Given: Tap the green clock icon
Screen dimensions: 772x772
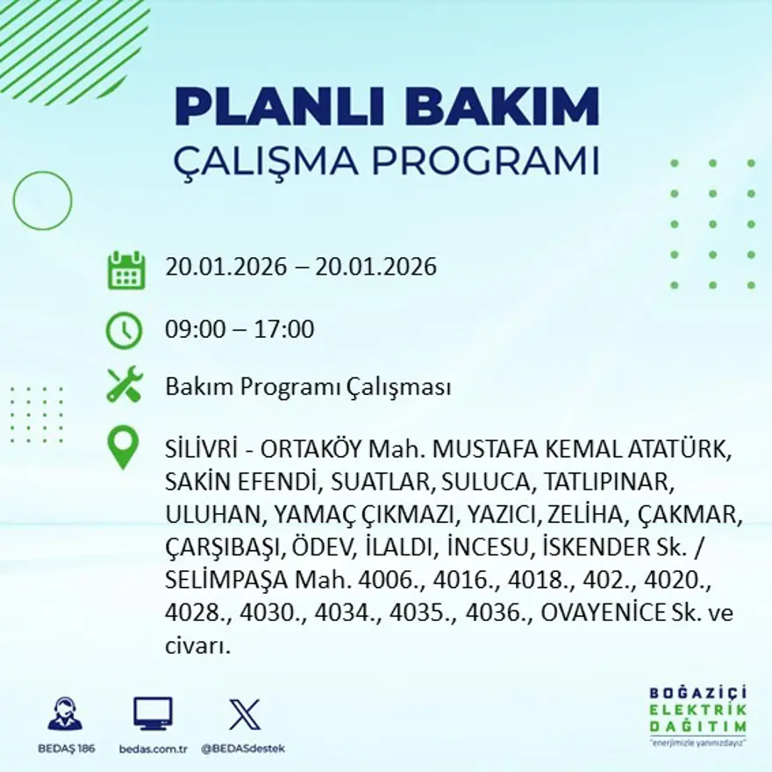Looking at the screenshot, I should point(124,331).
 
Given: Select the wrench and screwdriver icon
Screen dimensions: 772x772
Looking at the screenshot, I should point(124,386).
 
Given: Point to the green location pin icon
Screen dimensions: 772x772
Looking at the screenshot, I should point(124,446).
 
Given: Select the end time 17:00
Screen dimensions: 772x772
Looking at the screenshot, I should point(286,330).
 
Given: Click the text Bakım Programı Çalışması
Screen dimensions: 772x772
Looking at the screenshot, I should point(308,387).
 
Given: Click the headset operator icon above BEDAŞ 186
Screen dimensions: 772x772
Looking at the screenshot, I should point(65,714).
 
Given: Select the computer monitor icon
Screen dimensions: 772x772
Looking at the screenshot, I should point(153,714).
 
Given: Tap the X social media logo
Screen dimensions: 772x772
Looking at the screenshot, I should point(244,714).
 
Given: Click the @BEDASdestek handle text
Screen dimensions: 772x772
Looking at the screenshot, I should point(243,748).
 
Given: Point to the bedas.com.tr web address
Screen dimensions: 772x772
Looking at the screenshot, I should point(153,748).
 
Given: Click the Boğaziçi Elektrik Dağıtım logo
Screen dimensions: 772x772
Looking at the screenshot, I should point(698,711).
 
